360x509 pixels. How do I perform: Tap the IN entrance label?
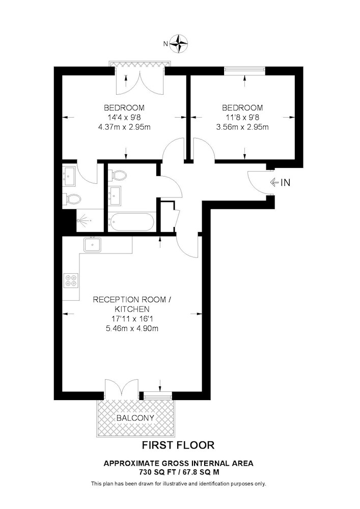(285, 183)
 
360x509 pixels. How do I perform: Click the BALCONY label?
(135, 418)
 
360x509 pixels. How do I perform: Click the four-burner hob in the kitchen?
(71, 280)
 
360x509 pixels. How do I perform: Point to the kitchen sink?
(92, 245)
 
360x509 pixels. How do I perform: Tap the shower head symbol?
(82, 221)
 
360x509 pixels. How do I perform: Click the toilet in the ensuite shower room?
(72, 199)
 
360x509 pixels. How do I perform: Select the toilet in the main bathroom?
(118, 175)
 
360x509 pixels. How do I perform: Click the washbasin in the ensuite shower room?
(69, 176)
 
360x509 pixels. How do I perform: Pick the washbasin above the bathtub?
(115, 196)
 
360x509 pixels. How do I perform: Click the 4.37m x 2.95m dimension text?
(124, 127)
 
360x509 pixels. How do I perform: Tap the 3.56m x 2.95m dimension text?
(242, 127)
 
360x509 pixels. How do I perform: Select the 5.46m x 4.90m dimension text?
(132, 328)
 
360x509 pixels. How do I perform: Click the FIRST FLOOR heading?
(178, 445)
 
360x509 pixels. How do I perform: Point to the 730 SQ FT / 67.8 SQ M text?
(178, 472)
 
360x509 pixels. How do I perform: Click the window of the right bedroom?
(245, 69)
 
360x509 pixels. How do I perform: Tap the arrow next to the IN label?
(274, 183)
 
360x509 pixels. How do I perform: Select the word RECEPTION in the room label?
(114, 299)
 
